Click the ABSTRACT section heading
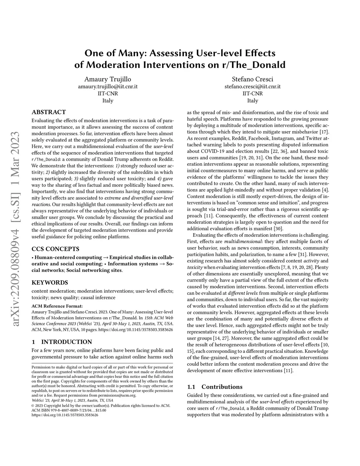click(x=49, y=112)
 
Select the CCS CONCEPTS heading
click(x=55, y=249)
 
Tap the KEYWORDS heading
click(x=50, y=282)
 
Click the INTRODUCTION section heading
click(x=62, y=342)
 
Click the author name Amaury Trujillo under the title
click(x=108, y=79)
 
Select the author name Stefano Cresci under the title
click(x=252, y=79)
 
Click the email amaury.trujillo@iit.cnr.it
click(x=108, y=87)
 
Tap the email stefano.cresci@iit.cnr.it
click(x=252, y=87)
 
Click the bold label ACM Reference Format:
click(x=57, y=306)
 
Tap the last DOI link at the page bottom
click(x=65, y=415)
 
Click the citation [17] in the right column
click(x=324, y=132)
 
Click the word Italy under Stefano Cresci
click(x=252, y=101)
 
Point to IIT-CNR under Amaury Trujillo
click(x=108, y=94)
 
